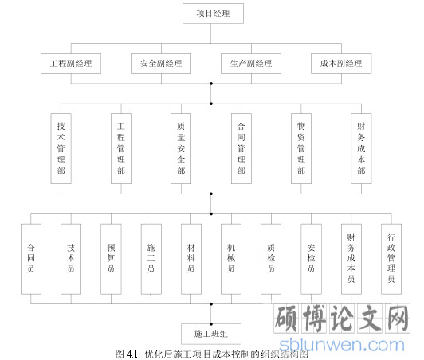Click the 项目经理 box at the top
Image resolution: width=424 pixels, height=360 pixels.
click(x=213, y=14)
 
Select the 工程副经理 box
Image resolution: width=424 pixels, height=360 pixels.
click(x=71, y=64)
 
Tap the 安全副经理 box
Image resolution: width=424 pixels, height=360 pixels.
click(x=161, y=64)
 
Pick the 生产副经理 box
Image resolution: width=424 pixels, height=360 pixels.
click(x=251, y=64)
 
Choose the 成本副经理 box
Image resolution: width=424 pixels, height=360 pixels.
click(x=341, y=64)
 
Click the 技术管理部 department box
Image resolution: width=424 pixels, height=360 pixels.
click(x=61, y=148)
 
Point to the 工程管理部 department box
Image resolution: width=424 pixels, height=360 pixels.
click(x=121, y=148)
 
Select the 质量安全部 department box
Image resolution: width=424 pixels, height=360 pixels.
click(x=181, y=148)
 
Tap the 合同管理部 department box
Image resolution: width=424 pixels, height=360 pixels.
click(x=241, y=148)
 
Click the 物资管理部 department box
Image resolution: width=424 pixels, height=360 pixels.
click(x=301, y=148)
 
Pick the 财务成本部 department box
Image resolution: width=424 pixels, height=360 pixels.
click(x=361, y=148)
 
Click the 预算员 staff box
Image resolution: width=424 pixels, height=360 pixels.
click(x=111, y=259)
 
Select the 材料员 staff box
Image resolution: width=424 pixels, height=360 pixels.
click(x=191, y=259)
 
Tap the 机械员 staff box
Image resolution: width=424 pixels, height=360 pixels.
click(x=231, y=259)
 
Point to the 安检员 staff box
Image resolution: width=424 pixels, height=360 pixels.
click(x=312, y=259)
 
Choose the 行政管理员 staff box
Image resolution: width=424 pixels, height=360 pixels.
click(x=391, y=259)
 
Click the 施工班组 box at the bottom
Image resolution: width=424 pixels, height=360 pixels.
click(x=211, y=334)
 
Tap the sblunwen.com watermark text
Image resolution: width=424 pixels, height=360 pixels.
click(x=342, y=345)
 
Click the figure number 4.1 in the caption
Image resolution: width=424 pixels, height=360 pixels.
click(x=132, y=354)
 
